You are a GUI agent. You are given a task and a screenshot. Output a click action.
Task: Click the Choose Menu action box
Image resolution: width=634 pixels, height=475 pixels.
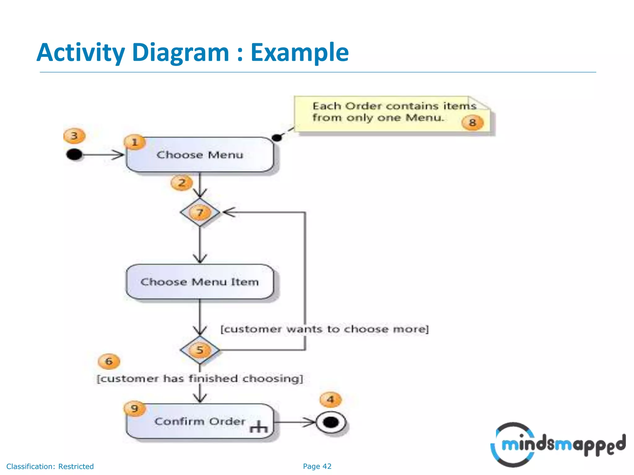click(x=200, y=155)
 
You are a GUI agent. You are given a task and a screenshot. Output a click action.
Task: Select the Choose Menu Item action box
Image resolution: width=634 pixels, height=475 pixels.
click(x=200, y=282)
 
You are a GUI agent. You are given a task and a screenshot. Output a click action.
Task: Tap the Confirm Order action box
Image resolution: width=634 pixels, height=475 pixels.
click(x=200, y=421)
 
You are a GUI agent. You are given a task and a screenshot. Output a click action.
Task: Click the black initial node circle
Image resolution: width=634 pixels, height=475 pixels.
click(x=74, y=154)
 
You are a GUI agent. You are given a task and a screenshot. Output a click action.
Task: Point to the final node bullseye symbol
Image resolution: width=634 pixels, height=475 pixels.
click(x=331, y=422)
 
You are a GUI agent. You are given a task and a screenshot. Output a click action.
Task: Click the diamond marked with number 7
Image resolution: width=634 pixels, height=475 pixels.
click(x=200, y=212)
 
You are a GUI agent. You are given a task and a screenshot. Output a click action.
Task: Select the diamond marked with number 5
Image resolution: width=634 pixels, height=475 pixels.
click(x=200, y=350)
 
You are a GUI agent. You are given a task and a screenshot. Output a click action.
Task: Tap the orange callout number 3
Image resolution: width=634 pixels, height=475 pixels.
click(x=74, y=136)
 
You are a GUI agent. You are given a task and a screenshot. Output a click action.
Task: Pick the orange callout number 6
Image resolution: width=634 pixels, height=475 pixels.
click(x=109, y=362)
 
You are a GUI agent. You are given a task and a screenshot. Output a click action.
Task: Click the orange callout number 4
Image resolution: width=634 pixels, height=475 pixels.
click(x=331, y=400)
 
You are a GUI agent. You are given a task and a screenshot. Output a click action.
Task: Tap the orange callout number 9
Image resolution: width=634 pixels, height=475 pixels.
click(x=134, y=409)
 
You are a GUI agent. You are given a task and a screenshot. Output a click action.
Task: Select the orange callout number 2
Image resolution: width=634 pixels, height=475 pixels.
click(x=182, y=183)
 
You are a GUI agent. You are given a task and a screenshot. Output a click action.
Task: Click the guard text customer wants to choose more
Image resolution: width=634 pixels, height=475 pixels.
click(x=324, y=329)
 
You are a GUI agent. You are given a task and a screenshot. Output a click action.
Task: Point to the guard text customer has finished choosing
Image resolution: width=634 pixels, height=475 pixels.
click(x=200, y=379)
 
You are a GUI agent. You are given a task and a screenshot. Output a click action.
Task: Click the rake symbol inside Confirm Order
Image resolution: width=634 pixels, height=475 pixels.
click(x=258, y=427)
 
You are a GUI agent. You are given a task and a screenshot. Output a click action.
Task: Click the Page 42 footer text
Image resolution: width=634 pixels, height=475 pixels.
click(x=317, y=466)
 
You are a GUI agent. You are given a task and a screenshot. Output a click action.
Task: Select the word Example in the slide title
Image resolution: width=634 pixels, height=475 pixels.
click(x=299, y=53)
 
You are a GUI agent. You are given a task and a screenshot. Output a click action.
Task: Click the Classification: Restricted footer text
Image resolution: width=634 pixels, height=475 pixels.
click(x=50, y=466)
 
